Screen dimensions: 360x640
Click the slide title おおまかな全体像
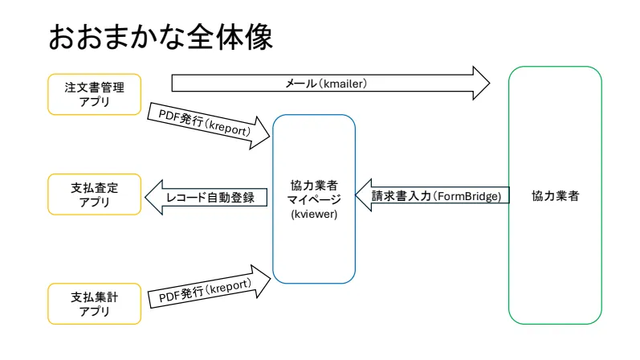[161, 36]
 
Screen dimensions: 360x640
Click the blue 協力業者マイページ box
[314, 198]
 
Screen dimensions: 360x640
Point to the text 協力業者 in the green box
[555, 196]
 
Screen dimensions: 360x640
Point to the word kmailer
[349, 83]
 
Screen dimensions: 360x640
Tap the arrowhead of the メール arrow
[480, 83]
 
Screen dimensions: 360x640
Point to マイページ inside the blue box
[314, 198]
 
